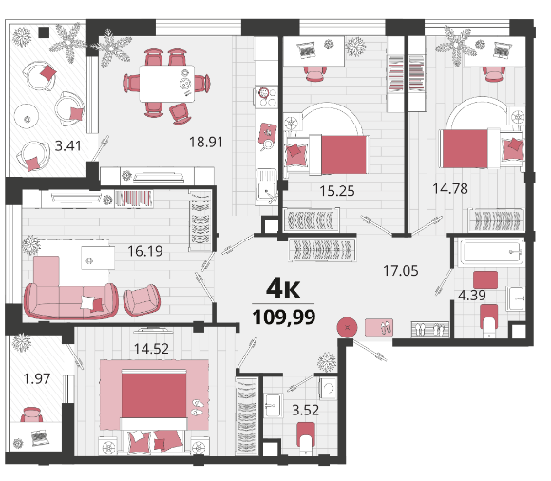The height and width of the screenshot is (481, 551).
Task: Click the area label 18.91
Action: (206, 142)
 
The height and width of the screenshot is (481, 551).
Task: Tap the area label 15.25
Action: (337, 191)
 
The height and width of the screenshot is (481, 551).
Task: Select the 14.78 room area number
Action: (450, 189)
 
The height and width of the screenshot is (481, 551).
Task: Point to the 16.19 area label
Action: (145, 251)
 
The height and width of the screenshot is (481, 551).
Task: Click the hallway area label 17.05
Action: (401, 271)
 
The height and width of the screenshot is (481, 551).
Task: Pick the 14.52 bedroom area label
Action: (151, 349)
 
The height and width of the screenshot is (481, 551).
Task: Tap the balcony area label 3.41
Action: (67, 145)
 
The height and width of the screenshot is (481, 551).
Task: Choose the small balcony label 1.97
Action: (37, 378)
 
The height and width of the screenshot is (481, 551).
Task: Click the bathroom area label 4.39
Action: (472, 296)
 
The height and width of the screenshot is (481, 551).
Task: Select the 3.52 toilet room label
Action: (305, 410)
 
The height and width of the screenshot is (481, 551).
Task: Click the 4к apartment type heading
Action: (283, 288)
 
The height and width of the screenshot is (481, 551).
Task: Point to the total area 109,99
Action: (284, 317)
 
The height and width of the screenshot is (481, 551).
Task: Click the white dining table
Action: (167, 84)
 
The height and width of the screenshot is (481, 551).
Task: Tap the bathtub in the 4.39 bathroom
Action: (491, 251)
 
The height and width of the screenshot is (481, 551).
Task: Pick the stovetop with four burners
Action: (266, 97)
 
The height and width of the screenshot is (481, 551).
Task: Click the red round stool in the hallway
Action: (347, 328)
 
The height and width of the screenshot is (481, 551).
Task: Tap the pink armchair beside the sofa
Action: (142, 299)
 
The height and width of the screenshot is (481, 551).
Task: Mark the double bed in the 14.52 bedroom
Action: (154, 399)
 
